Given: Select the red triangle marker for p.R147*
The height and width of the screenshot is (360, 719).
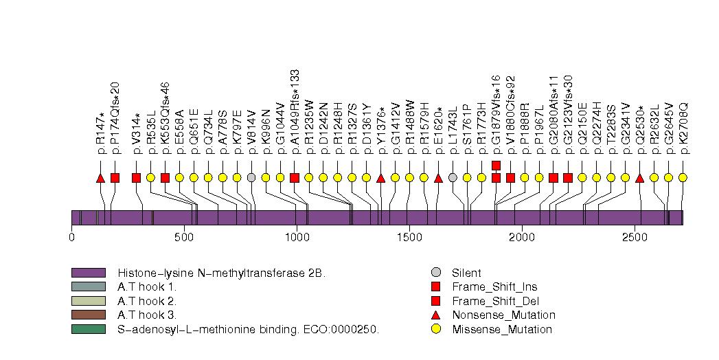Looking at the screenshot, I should tap(101, 178).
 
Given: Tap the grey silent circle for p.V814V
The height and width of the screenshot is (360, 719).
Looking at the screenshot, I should tap(251, 178).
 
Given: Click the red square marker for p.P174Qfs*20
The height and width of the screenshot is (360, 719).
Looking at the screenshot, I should tap(115, 178).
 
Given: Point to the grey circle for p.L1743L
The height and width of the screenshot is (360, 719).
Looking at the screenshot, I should tap(453, 178).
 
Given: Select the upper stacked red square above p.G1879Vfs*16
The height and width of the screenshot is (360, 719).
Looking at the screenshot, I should tap(496, 165).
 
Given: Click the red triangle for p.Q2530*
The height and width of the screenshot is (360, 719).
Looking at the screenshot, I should tap(639, 178).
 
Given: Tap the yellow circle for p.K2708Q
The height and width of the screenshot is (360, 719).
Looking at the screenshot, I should tap(683, 178).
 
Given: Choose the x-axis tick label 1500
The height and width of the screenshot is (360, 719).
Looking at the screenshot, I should tap(409, 238).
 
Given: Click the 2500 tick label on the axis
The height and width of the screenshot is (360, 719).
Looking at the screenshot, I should tap(634, 238).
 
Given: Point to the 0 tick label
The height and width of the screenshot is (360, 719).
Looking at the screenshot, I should tap(71, 238).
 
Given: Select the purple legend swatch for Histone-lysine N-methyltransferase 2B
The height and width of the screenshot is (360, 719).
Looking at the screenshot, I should tap(88, 273).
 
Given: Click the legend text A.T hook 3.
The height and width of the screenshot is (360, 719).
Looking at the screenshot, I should tap(147, 315).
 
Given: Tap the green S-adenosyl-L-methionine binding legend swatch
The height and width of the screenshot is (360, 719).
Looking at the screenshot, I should tap(88, 329).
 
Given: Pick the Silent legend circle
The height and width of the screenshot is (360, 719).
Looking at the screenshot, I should tap(436, 273).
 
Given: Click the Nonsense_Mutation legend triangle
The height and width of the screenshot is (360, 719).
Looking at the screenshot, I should tap(436, 315).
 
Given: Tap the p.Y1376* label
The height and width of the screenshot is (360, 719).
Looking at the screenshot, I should tap(381, 129).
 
